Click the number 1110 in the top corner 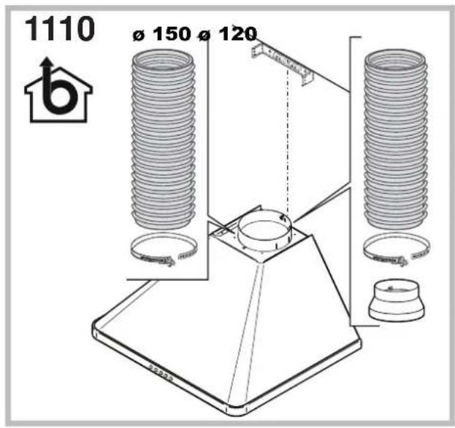(x=60, y=28)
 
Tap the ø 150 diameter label (x=162, y=34)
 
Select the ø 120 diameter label (x=228, y=34)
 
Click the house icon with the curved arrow (x=58, y=90)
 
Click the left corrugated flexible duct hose (x=163, y=140)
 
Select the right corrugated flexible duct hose (x=396, y=140)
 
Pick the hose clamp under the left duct (x=164, y=250)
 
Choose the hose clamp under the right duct (x=397, y=250)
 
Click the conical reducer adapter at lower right (x=396, y=300)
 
